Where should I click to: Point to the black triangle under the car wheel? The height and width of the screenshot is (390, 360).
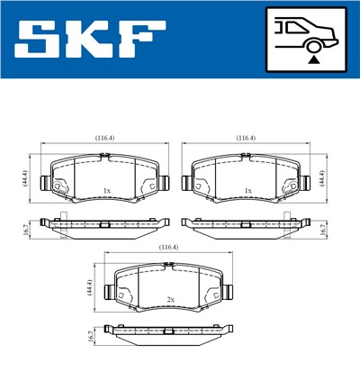tap(312, 59)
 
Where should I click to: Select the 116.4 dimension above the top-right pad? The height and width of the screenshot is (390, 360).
tap(245, 138)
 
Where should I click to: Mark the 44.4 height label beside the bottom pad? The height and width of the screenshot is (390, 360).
tap(90, 288)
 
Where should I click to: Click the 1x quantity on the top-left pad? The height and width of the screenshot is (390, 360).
tap(106, 190)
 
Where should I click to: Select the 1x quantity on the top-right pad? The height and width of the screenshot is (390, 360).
tap(247, 190)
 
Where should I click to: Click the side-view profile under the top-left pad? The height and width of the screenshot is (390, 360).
tap(106, 226)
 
